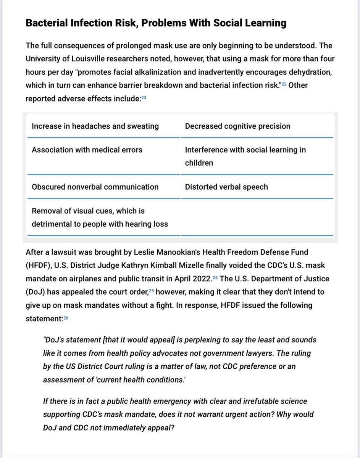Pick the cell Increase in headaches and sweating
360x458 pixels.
(x=95, y=126)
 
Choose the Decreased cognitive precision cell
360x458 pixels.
(x=237, y=126)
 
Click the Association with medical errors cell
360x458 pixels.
(x=87, y=150)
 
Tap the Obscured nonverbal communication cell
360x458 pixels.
(x=95, y=187)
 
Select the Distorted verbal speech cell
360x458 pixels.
(x=226, y=187)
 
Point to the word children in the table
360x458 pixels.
(x=199, y=163)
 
